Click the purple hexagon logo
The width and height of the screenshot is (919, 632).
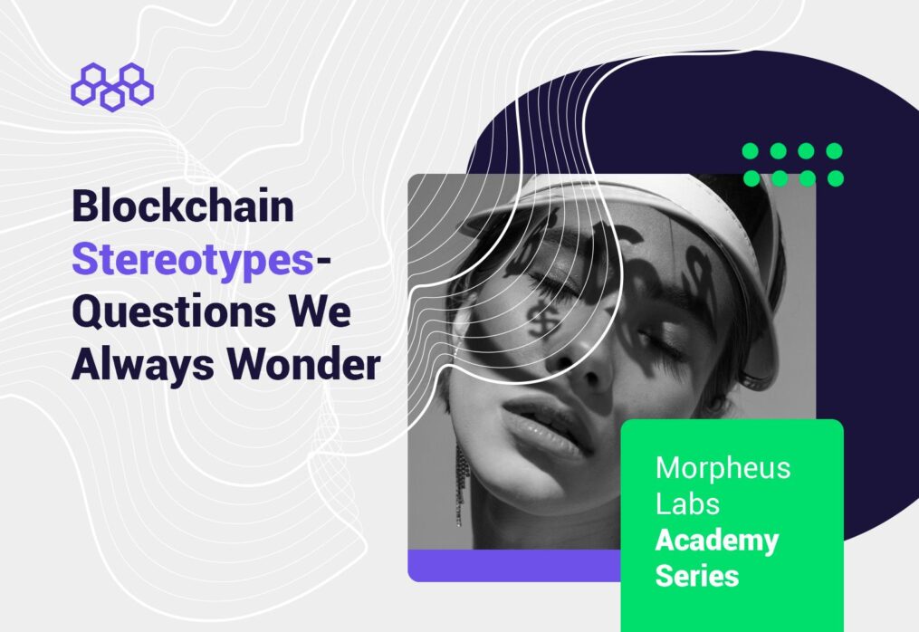click(x=112, y=87)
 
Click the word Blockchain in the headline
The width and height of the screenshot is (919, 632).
click(x=183, y=206)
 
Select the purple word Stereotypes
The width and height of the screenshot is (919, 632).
click(x=192, y=260)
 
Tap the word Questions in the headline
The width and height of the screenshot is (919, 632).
click(x=174, y=311)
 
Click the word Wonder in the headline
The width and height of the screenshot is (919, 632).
click(x=304, y=364)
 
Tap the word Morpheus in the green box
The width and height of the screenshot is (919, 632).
click(x=723, y=469)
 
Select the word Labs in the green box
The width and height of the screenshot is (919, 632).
click(x=687, y=503)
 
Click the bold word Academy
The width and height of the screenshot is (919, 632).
click(x=717, y=541)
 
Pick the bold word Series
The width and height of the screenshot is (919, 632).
click(x=697, y=575)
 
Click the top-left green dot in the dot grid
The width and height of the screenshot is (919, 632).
click(x=751, y=151)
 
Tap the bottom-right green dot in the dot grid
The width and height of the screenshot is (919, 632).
click(x=835, y=178)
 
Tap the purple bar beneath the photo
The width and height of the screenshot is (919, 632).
click(x=514, y=565)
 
